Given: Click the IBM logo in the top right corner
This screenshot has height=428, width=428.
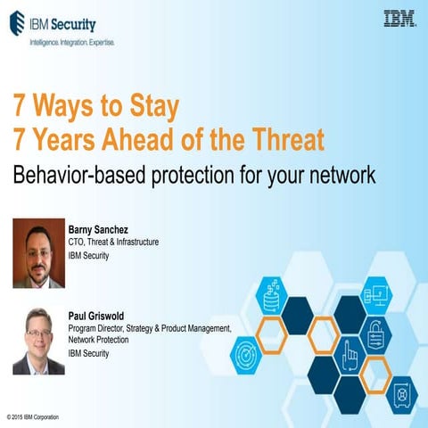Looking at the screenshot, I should (399, 18).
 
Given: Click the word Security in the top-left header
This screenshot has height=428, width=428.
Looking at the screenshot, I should (75, 24).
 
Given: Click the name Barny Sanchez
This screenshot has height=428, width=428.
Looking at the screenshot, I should (98, 229).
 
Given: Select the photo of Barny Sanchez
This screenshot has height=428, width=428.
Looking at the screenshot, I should (38, 253).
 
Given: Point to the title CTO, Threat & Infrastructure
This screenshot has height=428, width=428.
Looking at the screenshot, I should (113, 243).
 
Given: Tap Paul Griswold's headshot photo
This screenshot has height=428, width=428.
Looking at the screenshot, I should (38, 341).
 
